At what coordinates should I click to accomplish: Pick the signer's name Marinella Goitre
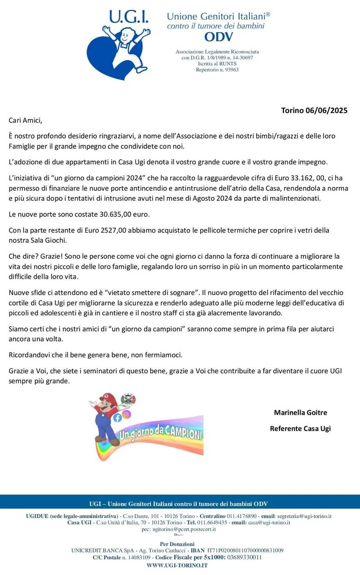[x=300, y=413]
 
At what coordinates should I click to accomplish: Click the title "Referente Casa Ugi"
[x=300, y=428]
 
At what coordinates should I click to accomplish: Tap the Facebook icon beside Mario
[x=117, y=418]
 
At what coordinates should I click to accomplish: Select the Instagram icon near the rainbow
[x=127, y=414]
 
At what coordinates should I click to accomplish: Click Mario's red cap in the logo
[x=108, y=398]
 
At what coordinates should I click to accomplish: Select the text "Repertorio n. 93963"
[x=217, y=70]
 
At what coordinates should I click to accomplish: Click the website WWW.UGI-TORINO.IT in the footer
[x=177, y=565]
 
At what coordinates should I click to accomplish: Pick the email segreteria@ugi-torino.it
[x=303, y=516]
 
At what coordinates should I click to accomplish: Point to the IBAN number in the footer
[x=245, y=550]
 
